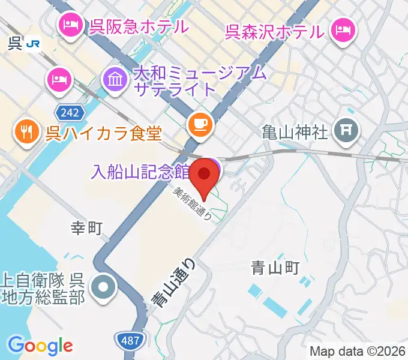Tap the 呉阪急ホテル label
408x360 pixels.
pyautogui.click(x=139, y=26)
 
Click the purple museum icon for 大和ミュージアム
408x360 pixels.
pyautogui.click(x=115, y=79)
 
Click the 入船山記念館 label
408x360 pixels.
pyautogui.click(x=140, y=171)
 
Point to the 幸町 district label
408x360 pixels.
pyautogui.click(x=88, y=227)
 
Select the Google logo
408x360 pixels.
pyautogui.click(x=40, y=345)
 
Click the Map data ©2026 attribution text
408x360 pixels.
pyautogui.click(x=356, y=351)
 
